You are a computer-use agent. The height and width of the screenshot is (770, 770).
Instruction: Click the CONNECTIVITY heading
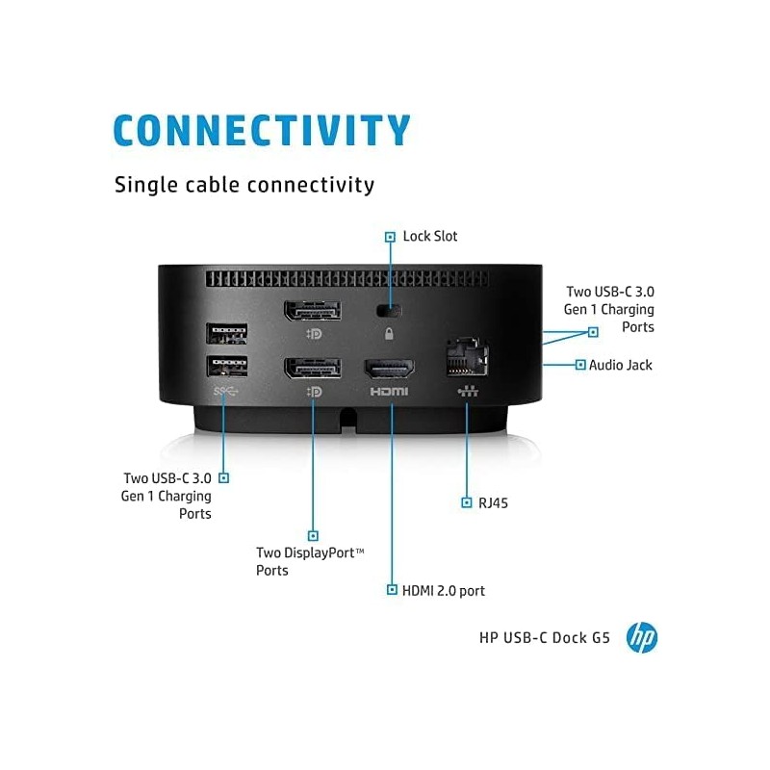point(262,130)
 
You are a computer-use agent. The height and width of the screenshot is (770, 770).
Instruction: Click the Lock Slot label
point(430,236)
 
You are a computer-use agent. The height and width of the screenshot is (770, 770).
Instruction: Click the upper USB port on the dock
point(226,333)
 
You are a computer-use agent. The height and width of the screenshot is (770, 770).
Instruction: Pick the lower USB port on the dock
point(226,366)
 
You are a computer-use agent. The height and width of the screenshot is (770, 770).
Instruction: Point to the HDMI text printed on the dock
point(389,392)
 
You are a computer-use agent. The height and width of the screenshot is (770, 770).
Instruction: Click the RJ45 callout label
point(493,502)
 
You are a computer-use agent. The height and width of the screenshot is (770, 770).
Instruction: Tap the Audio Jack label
point(621,365)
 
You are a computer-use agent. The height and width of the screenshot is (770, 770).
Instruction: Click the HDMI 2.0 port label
point(444,590)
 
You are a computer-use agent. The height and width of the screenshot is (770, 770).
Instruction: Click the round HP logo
point(642,637)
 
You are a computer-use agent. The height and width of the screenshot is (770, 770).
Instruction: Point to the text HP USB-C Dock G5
point(545,637)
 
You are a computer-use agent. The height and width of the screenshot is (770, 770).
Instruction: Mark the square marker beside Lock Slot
point(390,236)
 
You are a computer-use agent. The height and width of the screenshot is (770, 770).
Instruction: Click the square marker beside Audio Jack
point(580,365)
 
